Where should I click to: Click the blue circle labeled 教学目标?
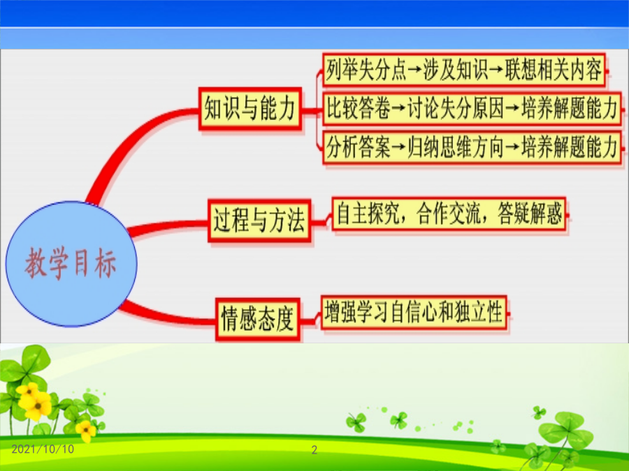[71, 264]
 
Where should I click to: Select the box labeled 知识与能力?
[250, 109]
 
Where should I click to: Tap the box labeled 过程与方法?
[259, 220]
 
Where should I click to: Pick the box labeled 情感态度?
[257, 319]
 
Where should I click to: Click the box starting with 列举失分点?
[464, 70]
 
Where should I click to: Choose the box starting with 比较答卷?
[472, 109]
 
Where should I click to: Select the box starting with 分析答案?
[472, 147]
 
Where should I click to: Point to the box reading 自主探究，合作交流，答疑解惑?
[449, 214]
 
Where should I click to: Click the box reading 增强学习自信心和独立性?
[414, 312]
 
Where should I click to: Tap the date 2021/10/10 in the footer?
[43, 449]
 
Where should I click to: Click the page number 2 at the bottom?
[314, 450]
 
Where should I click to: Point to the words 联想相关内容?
[554, 70]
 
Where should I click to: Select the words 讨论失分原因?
[455, 109]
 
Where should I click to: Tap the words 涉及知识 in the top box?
[455, 70]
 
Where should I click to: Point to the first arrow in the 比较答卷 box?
[398, 109]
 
